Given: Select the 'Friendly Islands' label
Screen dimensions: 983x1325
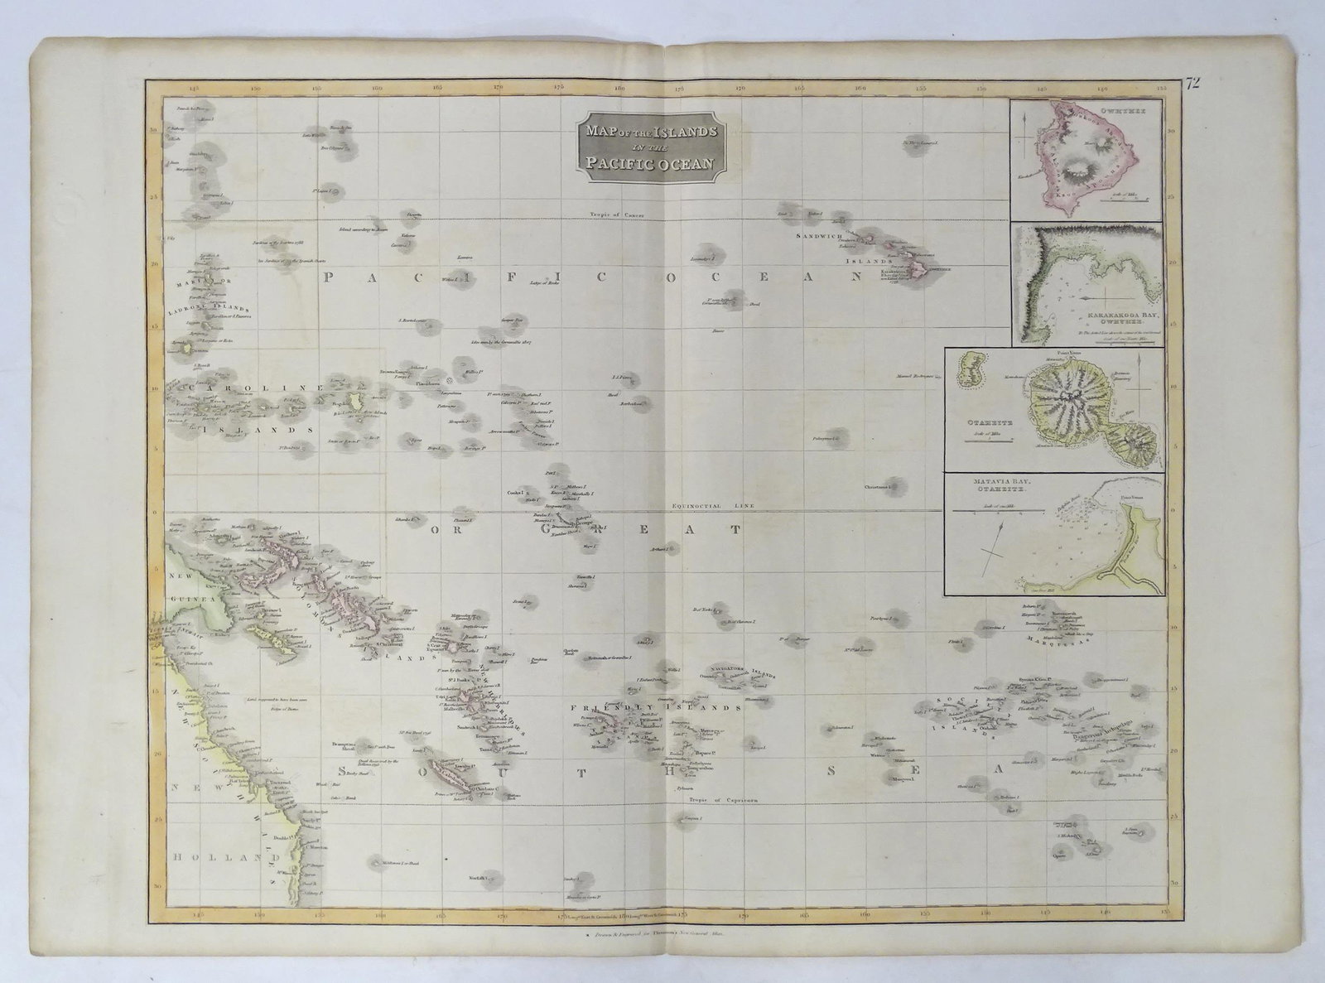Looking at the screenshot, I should pyautogui.click(x=654, y=708).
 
